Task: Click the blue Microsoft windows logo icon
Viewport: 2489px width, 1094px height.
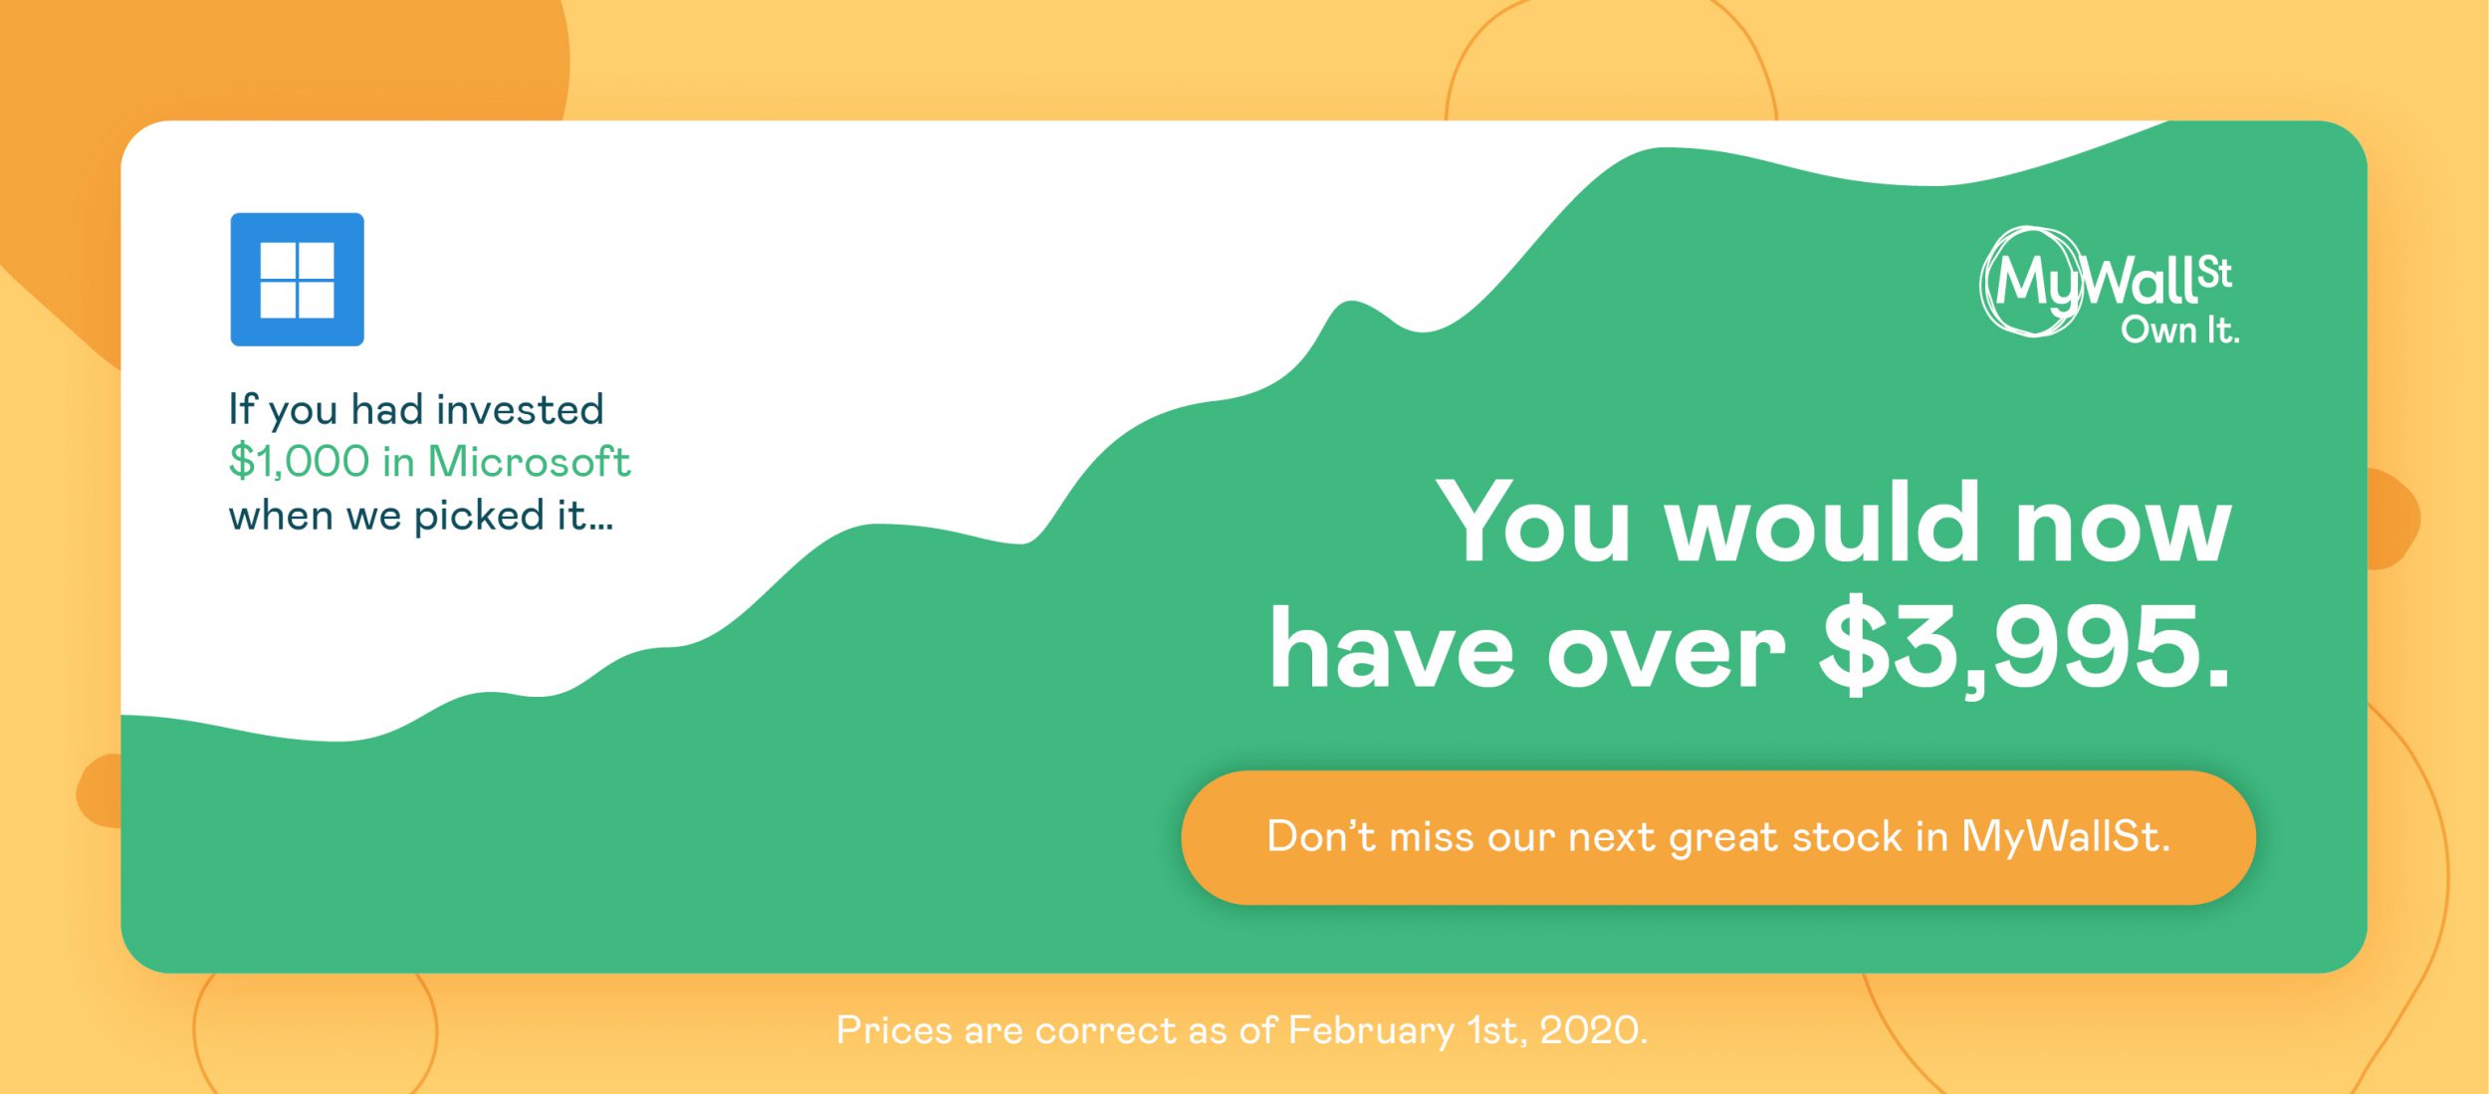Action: tap(297, 279)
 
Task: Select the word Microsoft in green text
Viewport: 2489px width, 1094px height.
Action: tap(529, 462)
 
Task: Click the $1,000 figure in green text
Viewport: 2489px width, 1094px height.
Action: tap(299, 462)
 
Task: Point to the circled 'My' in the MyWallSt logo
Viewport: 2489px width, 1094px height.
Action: tap(2031, 282)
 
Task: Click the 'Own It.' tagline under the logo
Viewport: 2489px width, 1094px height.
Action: tap(2179, 329)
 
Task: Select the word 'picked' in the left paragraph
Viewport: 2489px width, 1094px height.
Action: tap(479, 516)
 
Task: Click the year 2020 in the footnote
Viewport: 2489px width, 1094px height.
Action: tap(1593, 1030)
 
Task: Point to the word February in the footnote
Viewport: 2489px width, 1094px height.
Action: tap(1371, 1031)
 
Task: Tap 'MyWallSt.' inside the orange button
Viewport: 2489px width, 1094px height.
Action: tap(2065, 836)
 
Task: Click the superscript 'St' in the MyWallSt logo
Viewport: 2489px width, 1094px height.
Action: tap(2214, 273)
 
